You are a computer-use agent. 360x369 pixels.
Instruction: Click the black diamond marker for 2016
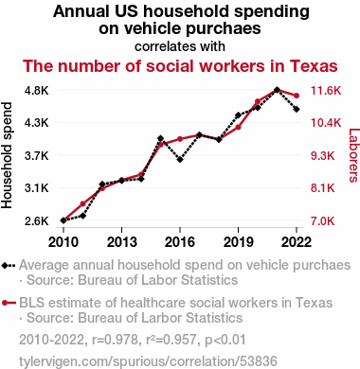(180, 160)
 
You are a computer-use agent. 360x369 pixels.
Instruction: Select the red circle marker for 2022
(297, 96)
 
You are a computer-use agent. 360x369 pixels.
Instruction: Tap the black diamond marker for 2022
(297, 109)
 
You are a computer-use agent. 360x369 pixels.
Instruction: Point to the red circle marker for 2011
(82, 203)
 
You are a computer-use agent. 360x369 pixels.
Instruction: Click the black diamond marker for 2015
(160, 138)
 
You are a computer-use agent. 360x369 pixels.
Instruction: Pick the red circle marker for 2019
(238, 128)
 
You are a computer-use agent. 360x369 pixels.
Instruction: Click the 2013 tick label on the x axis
(121, 242)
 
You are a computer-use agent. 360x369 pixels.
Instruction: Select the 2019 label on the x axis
(238, 242)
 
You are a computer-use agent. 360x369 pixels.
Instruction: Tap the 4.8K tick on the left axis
(37, 91)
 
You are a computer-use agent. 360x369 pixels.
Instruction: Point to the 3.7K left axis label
(37, 155)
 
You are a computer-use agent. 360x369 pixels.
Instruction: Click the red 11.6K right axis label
(326, 91)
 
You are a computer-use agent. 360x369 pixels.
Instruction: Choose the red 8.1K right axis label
(322, 188)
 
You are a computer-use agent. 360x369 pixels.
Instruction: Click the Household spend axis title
(7, 155)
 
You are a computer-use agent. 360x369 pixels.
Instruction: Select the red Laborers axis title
(354, 155)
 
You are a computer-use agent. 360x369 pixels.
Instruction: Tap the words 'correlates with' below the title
(180, 46)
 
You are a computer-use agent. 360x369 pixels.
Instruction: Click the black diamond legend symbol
(9, 265)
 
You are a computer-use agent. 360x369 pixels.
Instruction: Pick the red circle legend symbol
(9, 303)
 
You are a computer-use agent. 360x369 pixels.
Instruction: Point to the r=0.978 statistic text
(115, 340)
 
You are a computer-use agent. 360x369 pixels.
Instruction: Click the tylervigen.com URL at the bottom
(148, 361)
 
